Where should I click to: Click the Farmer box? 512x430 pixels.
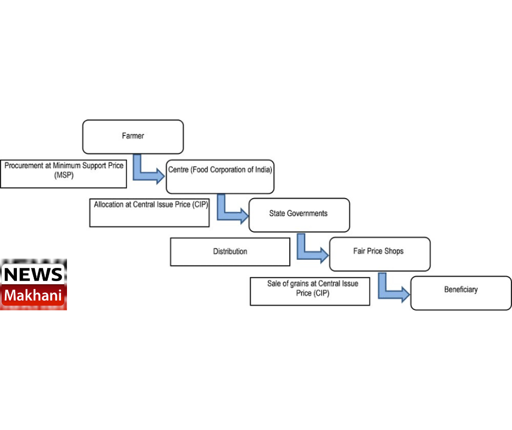coord(132,136)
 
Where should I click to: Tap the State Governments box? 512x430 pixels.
coord(298,214)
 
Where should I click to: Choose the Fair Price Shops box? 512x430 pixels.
coord(379,253)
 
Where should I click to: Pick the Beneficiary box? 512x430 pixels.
coord(460,292)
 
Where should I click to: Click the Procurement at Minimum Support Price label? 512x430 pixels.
coord(63,174)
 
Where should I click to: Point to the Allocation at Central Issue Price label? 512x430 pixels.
coord(149,212)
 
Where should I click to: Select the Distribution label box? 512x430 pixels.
coord(230,252)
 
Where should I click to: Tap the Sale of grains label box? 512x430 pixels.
coord(309,291)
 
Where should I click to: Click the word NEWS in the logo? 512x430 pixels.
coord(34,273)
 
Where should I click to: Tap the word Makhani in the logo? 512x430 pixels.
coord(34,296)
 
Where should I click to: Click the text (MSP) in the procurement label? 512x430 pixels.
coord(63,176)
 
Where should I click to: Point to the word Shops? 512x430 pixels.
coord(393,251)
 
